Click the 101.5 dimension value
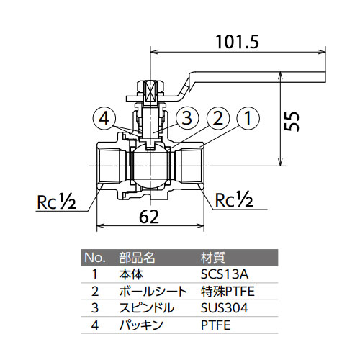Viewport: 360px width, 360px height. coord(238,42)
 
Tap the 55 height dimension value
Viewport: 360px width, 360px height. coord(292,121)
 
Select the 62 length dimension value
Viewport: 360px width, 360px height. coord(149,217)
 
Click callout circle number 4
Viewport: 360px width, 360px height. coord(104,118)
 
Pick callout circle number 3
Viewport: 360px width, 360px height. coord(187,118)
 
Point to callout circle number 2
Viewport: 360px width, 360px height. coord(217,118)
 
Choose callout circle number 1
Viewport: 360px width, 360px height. coord(248,118)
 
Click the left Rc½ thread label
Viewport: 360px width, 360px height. coord(57,202)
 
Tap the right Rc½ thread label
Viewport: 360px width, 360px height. coord(234,199)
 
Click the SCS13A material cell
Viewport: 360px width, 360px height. coord(225,274)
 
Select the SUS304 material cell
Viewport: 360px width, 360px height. coord(224,308)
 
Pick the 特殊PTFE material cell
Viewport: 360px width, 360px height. coord(228,292)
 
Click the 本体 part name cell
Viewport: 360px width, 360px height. coord(131,274)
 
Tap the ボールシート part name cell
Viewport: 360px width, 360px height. coord(153,292)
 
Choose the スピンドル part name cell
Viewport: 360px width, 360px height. coord(146,308)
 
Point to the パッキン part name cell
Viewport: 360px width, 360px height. coord(141,325)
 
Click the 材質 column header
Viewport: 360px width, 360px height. coord(212,257)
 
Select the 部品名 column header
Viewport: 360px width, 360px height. coord(137,257)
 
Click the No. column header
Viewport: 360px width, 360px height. coord(95,258)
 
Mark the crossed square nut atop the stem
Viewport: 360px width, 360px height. coord(150,92)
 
